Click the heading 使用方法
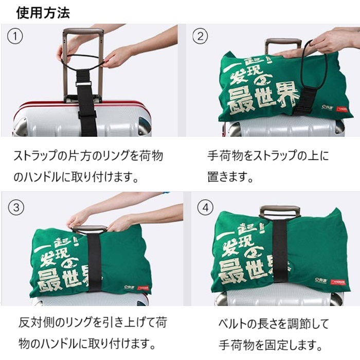[43, 12]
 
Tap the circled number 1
[15, 36]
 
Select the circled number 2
[200, 36]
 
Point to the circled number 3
[16, 207]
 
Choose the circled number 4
[205, 208]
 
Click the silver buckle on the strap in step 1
[83, 84]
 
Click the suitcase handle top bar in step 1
[83, 31]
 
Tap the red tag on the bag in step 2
[341, 109]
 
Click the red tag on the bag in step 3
[143, 287]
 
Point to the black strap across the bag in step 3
[94, 262]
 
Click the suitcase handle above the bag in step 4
[280, 210]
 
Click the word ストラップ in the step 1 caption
[35, 156]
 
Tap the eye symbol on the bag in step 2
[263, 79]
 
